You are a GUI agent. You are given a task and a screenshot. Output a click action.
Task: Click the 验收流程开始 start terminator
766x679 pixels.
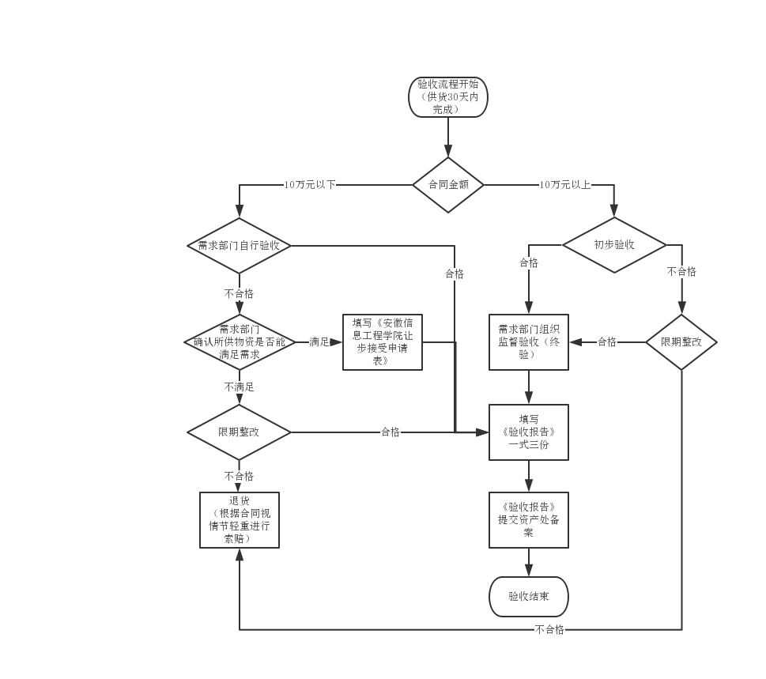point(448,97)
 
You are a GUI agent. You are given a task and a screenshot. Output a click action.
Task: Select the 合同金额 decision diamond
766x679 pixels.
point(448,185)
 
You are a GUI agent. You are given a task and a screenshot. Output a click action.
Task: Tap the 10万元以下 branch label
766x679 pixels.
point(310,185)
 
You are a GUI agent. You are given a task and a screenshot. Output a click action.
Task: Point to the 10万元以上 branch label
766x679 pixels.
point(564,185)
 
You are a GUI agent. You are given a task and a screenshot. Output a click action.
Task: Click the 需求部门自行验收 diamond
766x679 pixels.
point(239,246)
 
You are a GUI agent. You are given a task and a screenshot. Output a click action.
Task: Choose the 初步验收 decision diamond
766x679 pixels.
point(614,245)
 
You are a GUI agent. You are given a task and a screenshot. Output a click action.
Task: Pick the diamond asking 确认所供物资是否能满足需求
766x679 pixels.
point(239,342)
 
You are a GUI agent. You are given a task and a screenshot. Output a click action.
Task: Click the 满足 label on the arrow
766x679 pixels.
point(319,342)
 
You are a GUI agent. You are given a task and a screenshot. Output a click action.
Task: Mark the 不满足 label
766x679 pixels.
point(239,387)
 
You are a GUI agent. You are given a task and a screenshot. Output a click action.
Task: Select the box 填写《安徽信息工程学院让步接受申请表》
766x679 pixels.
point(383,342)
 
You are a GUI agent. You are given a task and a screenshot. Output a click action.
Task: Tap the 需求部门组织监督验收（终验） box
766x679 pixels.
point(529,342)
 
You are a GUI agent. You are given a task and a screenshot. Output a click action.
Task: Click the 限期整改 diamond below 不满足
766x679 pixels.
point(239,432)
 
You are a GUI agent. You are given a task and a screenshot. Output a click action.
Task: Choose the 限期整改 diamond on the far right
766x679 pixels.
point(681,342)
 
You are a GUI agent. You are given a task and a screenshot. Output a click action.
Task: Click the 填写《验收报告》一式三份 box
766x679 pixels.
point(529,432)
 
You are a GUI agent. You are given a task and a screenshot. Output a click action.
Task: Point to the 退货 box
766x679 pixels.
point(239,520)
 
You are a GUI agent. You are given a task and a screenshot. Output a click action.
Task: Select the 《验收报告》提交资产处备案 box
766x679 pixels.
point(529,520)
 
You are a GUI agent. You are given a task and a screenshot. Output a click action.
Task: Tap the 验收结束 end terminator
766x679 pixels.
point(529,597)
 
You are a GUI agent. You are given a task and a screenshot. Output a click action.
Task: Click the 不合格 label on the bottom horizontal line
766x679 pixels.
point(549,630)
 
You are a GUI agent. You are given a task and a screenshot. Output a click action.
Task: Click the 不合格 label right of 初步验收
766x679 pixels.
point(681,272)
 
